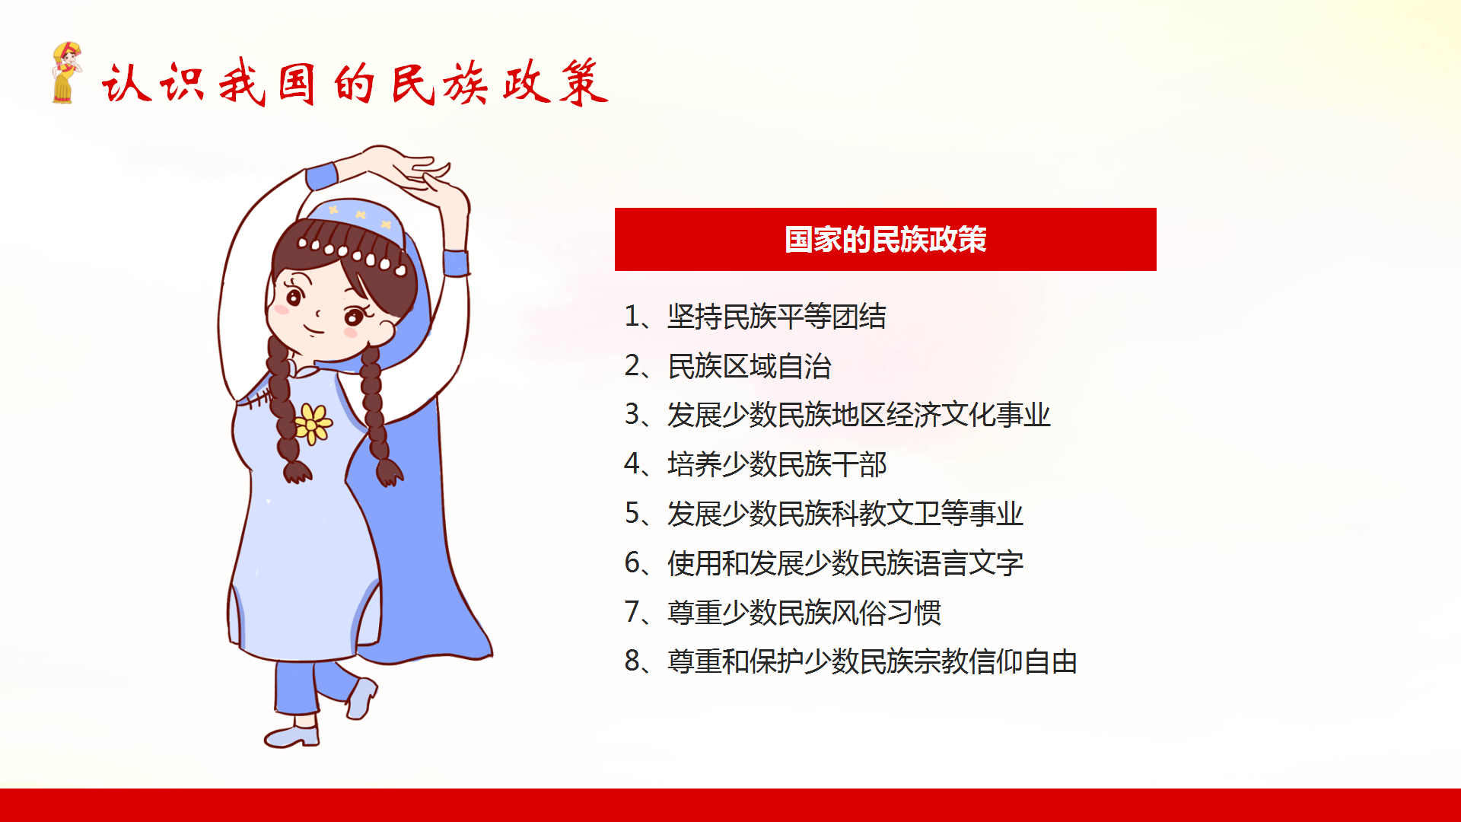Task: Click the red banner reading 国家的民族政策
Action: pyautogui.click(x=885, y=239)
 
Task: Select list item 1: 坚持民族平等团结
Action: pyautogui.click(x=755, y=317)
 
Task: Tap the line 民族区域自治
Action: pyautogui.click(x=727, y=366)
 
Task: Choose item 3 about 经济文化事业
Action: pyautogui.click(x=837, y=415)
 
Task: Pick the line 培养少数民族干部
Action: pyautogui.click(x=755, y=464)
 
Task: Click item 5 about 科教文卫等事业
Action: pyautogui.click(x=823, y=514)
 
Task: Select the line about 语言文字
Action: pyautogui.click(x=823, y=563)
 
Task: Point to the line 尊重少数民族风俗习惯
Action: pyautogui.click(x=782, y=612)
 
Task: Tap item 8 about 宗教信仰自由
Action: pyautogui.click(x=851, y=661)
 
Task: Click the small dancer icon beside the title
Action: pyautogui.click(x=66, y=72)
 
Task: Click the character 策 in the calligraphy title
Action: pyautogui.click(x=583, y=82)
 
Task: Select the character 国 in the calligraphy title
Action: pyautogui.click(x=297, y=83)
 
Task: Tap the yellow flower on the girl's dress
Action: pyautogui.click(x=312, y=424)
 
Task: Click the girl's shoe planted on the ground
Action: pyautogui.click(x=292, y=735)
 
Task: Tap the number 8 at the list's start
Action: pyautogui.click(x=632, y=661)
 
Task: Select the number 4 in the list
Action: pyautogui.click(x=632, y=464)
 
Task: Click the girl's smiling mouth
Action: pyautogui.click(x=314, y=330)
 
